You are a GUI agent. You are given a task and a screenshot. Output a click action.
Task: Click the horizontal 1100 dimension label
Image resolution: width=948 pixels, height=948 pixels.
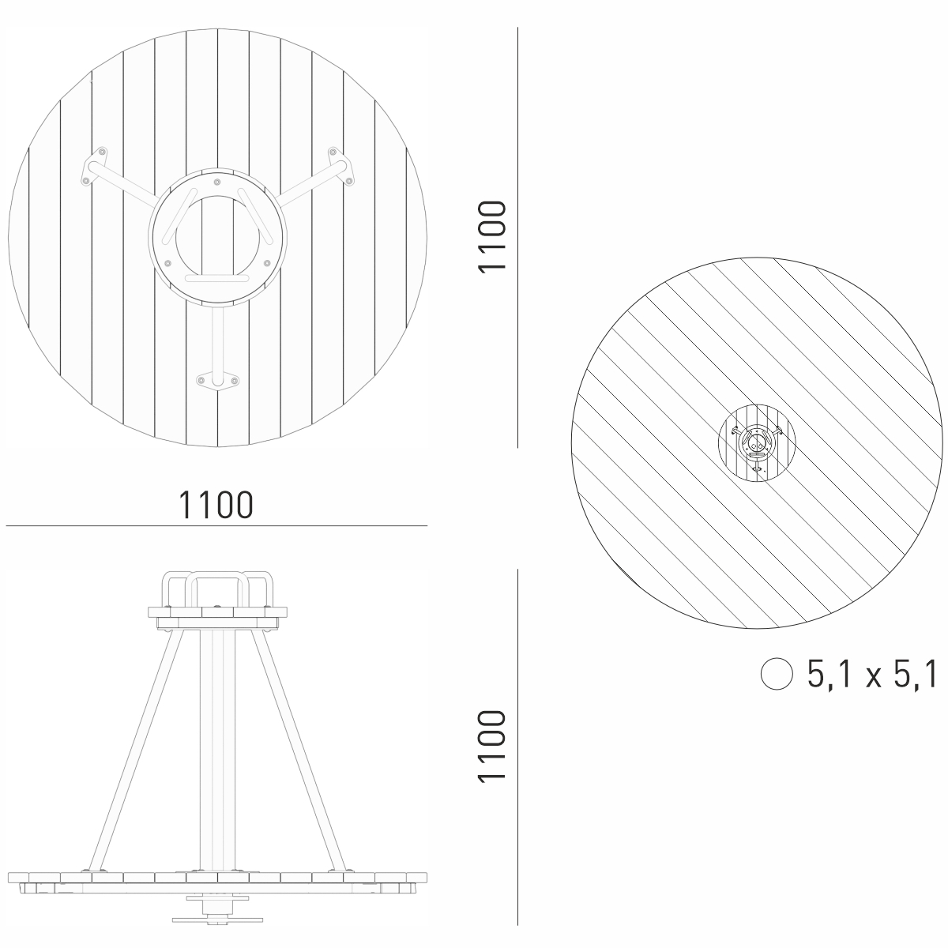tap(216, 505)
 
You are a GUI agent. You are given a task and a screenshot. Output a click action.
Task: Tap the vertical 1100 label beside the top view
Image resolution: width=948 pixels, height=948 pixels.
tap(492, 237)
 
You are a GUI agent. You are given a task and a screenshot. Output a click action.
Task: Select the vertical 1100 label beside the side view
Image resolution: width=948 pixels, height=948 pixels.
tap(492, 746)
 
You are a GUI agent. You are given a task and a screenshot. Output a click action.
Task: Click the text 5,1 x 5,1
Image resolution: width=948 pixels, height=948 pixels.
tap(872, 674)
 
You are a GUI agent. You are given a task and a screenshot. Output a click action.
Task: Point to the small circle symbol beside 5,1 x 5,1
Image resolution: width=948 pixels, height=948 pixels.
tap(777, 674)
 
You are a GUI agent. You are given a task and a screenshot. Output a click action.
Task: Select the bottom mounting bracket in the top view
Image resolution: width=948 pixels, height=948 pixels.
tap(217, 382)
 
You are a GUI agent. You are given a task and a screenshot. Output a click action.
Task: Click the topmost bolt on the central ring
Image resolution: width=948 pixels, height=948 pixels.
tap(217, 182)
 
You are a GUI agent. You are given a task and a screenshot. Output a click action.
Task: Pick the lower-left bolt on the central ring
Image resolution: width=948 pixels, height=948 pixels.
tap(167, 263)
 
